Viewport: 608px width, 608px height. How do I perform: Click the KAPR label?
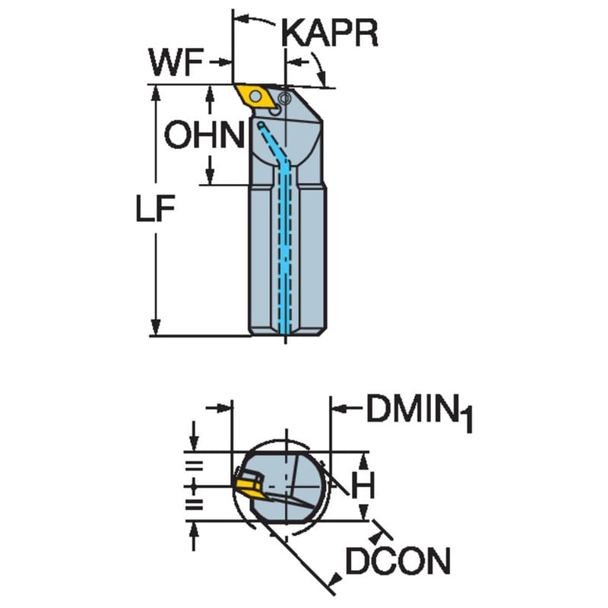[x=330, y=33]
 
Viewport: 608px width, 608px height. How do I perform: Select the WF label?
[x=176, y=62]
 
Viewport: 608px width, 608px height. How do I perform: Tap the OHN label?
[x=204, y=135]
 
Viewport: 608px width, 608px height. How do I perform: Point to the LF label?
[x=155, y=208]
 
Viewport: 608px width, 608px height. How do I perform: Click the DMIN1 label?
[x=420, y=412]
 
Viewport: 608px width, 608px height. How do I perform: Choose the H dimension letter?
[x=363, y=486]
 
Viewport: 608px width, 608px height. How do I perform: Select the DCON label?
[x=397, y=560]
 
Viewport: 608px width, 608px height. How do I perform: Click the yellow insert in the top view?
[x=256, y=96]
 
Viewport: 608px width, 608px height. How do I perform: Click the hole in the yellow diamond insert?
[x=255, y=96]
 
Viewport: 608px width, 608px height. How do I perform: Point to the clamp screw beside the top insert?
[x=284, y=99]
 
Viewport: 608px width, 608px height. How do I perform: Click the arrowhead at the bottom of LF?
[x=156, y=327]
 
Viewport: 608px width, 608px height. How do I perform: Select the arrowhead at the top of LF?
[x=156, y=93]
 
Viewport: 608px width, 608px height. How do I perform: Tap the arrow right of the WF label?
[x=220, y=62]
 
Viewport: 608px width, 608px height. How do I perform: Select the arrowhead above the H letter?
[x=363, y=461]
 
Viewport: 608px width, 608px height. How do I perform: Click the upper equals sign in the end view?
[x=195, y=466]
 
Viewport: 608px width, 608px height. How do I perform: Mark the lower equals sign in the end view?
[x=195, y=505]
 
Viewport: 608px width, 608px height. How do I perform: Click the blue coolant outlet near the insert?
[x=261, y=125]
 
